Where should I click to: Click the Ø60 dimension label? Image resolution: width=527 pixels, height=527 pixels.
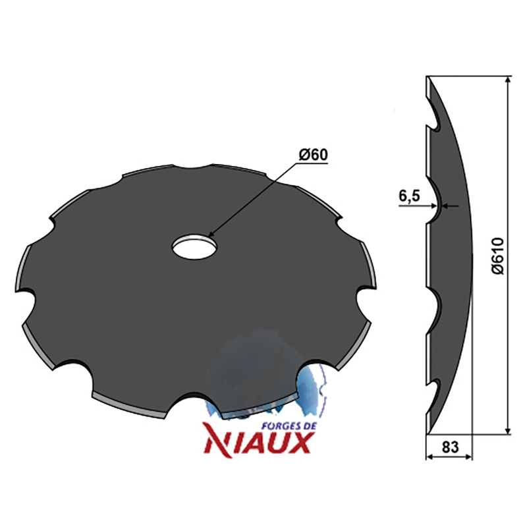click(x=313, y=155)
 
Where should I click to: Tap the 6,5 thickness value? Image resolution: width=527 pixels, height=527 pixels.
click(x=409, y=195)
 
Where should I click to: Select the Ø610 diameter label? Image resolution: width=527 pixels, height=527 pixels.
click(x=497, y=256)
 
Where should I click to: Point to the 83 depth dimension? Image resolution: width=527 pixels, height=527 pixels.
click(x=450, y=447)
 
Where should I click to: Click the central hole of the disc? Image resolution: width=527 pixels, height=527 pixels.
click(x=194, y=246)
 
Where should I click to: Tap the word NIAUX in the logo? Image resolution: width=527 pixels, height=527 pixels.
click(x=257, y=443)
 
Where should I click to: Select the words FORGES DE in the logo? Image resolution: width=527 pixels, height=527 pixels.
click(x=289, y=426)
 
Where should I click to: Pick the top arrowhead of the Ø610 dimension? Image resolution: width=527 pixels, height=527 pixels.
click(x=508, y=80)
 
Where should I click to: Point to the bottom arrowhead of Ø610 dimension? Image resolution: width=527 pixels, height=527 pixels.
click(x=508, y=431)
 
